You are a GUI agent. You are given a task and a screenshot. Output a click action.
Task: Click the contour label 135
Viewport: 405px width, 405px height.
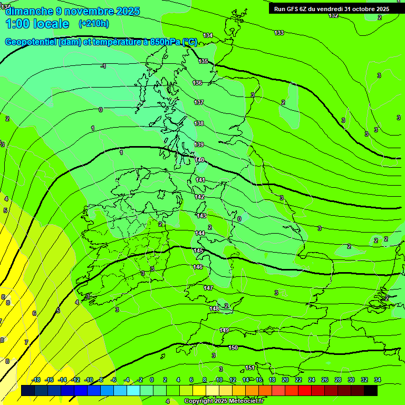[203, 62]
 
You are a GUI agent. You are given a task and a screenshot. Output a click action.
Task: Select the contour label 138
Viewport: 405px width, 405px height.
[199, 123]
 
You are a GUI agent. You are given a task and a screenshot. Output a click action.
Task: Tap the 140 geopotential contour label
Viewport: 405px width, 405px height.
[199, 160]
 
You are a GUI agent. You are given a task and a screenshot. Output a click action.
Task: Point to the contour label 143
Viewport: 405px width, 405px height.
[201, 216]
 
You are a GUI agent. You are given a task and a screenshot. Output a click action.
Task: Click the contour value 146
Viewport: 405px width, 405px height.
[198, 267]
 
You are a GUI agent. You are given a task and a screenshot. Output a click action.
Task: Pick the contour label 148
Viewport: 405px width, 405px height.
[214, 308]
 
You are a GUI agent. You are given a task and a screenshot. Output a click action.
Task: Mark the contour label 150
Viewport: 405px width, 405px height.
[233, 348]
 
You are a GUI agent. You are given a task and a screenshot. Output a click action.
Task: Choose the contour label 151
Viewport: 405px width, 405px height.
[250, 368]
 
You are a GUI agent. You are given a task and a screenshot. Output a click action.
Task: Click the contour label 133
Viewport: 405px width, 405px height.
[279, 33]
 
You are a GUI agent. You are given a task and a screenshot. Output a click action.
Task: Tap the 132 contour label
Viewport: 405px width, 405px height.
[333, 16]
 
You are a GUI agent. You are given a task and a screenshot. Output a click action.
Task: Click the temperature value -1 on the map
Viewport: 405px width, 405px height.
[103, 66]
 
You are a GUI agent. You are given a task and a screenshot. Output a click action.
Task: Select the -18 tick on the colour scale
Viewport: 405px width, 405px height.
[36, 380]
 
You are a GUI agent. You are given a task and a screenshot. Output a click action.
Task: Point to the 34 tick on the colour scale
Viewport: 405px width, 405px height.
[378, 380]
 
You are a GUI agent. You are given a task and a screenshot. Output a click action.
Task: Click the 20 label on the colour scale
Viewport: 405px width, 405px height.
[285, 380]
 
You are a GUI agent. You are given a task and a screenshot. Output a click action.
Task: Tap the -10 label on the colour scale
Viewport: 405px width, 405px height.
[88, 380]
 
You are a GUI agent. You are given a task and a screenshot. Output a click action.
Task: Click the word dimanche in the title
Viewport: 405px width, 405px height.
[30, 11]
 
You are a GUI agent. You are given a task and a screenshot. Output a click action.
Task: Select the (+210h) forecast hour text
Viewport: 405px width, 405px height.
[93, 24]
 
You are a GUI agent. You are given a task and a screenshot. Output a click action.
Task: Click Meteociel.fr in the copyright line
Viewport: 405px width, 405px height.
[246, 401]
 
